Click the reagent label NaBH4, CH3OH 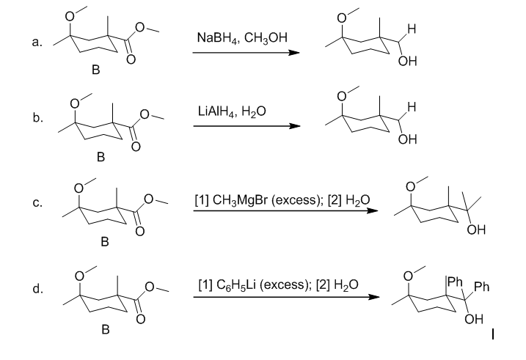click(242, 37)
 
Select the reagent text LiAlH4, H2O click(232, 111)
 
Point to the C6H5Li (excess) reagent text click(262, 285)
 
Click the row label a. click(37, 43)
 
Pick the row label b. click(38, 117)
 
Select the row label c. click(37, 203)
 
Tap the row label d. click(37, 288)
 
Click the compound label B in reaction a click(96, 70)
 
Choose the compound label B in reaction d click(106, 329)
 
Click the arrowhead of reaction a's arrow click(294, 53)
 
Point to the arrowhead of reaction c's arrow click(373, 211)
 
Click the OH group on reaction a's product click(408, 62)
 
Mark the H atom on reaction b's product click(412, 107)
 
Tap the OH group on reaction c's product click(476, 229)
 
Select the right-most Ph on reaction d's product click(482, 287)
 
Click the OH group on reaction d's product click(474, 319)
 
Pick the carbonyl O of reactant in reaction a click(131, 59)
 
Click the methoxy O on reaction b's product click(342, 97)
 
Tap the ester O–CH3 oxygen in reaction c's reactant click(149, 199)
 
